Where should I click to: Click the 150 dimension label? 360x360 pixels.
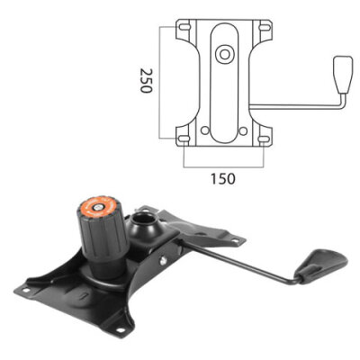pos(221,178)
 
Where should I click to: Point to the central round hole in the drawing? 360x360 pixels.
pos(222,55)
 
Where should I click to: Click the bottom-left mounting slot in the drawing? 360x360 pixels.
pos(184,138)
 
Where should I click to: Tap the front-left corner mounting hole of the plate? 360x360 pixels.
pos(24,291)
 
